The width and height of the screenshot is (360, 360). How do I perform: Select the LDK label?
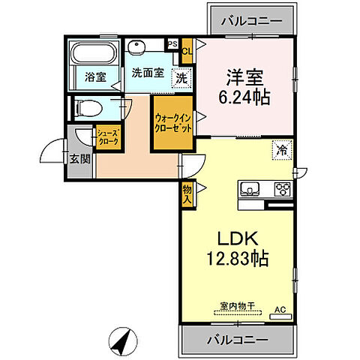pos(238,239)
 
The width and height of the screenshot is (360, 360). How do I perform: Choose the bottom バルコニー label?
pos(237,340)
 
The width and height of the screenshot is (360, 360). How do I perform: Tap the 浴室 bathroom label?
pos(93,76)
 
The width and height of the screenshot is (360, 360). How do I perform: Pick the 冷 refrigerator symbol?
pos(280,149)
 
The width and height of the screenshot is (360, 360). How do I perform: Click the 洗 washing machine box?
pos(181,76)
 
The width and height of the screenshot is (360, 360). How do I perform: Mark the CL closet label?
pos(187,51)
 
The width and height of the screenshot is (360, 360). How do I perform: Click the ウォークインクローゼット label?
pos(173,123)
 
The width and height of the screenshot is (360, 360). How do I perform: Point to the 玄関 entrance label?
pos(80,158)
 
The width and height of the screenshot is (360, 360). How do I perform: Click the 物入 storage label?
pos(187,195)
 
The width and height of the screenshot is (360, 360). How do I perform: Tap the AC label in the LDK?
pos(280,309)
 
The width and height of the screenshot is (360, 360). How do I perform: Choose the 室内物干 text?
pos(238,305)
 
